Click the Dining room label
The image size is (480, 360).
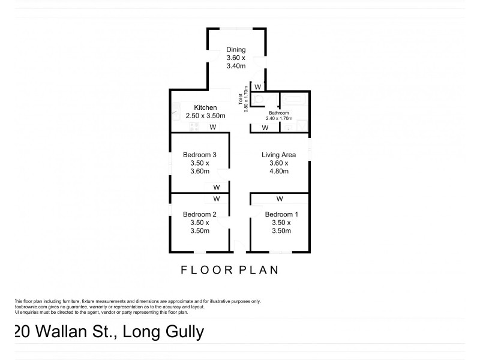236,50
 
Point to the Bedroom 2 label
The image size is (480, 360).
199,214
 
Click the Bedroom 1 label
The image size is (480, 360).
281,214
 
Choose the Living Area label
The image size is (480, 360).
279,155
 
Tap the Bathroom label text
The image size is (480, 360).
279,113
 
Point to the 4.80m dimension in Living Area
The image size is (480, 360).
279,171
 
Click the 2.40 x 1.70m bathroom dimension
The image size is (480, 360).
279,118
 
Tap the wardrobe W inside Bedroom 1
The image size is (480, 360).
280,199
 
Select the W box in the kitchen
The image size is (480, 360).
212,127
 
